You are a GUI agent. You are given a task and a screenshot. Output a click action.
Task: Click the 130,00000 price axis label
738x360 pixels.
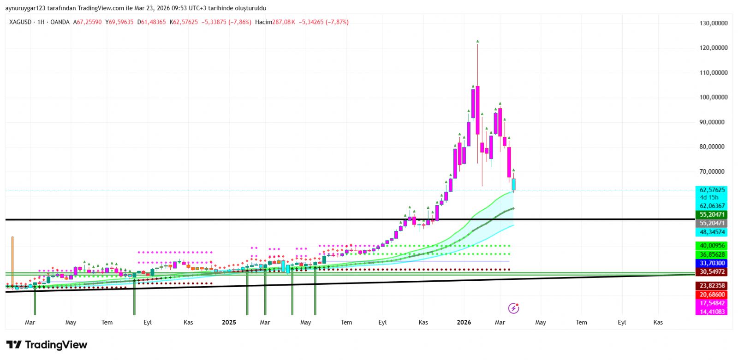(713, 23)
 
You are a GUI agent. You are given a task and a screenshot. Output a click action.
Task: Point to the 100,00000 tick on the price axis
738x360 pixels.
(713, 97)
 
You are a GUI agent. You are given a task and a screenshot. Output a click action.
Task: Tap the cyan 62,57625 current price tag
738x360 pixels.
(712, 190)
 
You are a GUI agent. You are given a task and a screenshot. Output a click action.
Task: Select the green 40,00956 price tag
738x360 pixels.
(712, 246)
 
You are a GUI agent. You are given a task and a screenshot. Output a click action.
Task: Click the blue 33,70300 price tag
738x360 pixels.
(712, 263)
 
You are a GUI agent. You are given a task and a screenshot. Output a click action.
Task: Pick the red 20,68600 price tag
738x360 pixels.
(712, 295)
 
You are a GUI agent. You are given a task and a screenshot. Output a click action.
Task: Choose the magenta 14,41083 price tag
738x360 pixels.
(712, 312)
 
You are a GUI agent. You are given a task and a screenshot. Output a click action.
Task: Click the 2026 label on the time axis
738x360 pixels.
(464, 322)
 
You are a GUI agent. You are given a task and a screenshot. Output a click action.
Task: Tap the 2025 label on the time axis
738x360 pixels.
(229, 322)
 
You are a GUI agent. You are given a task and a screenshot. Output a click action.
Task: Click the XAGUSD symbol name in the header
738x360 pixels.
(20, 22)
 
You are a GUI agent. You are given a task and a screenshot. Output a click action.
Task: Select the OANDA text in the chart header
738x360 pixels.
(60, 22)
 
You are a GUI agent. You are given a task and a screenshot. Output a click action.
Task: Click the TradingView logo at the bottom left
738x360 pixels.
(47, 345)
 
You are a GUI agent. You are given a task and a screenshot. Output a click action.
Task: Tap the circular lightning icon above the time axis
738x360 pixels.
(513, 308)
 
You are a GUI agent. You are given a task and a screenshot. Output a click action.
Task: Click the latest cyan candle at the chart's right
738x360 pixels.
(513, 184)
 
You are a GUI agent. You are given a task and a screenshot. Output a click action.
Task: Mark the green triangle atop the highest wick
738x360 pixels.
(477, 41)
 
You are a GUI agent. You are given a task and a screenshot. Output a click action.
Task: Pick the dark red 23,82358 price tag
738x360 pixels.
(712, 286)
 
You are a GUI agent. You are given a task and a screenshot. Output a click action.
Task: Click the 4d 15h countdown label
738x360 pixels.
(709, 197)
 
